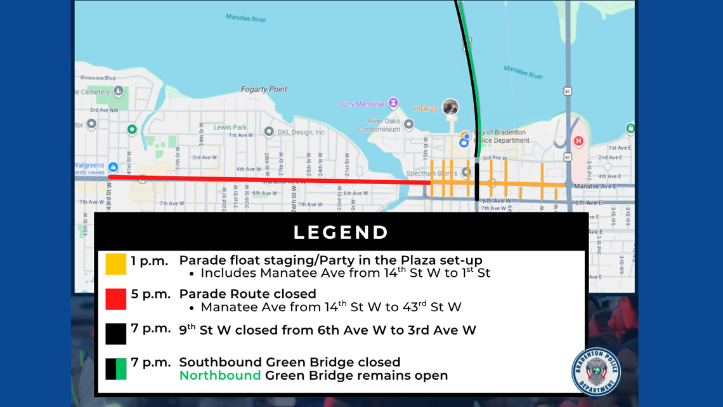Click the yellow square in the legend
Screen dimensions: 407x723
116,264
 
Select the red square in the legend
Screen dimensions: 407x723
116,299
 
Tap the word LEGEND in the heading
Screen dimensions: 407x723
341,232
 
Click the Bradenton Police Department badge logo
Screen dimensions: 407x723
596,371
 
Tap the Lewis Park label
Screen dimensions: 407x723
230,127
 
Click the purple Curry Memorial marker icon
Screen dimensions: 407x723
393,102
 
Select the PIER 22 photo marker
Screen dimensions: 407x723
450,107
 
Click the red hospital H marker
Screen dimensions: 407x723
578,140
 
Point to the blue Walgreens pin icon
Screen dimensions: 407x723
112,167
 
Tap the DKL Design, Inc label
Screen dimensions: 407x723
301,132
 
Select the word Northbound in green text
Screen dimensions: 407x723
219,376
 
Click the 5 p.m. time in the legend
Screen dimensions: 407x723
149,294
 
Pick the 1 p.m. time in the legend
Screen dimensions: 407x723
149,260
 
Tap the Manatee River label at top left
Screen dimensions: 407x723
245,18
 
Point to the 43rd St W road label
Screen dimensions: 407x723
108,197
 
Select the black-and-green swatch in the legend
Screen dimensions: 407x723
116,369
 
